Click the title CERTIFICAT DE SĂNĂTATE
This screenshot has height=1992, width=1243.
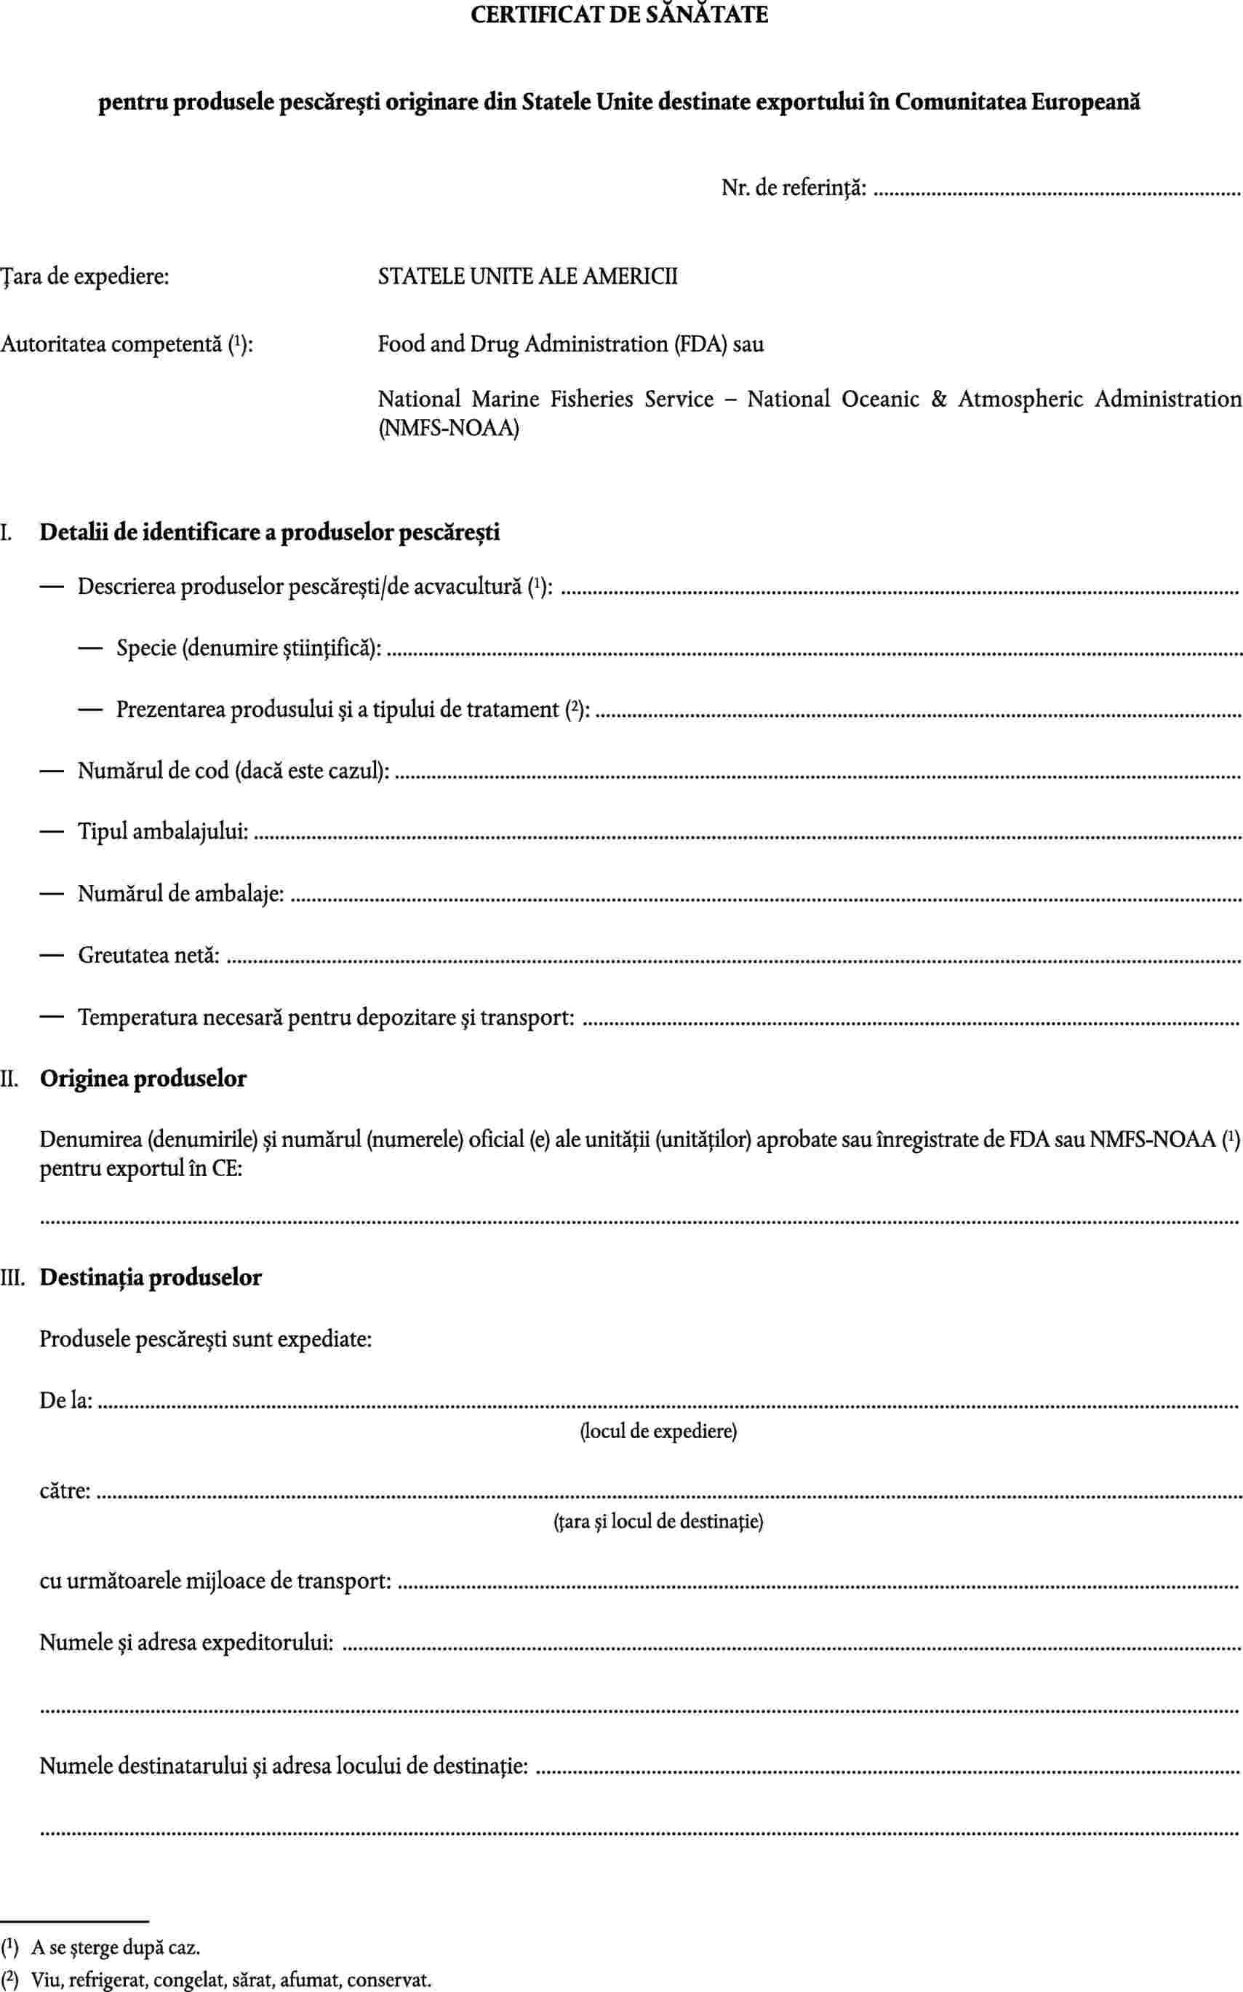(620, 14)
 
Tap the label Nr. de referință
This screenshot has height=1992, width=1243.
(794, 189)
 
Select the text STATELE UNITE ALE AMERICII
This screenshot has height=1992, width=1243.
(528, 277)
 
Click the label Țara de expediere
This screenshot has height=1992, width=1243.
(86, 277)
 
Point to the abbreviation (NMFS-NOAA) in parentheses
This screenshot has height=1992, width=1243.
(448, 429)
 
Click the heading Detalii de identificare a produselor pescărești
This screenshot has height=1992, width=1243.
(270, 532)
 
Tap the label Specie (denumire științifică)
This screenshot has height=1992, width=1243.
(249, 649)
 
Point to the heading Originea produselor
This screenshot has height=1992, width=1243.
(143, 1079)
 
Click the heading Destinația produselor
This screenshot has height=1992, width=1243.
(151, 1277)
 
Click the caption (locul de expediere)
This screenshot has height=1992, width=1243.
(658, 1432)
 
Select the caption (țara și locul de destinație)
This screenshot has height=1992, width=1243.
(658, 1523)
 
